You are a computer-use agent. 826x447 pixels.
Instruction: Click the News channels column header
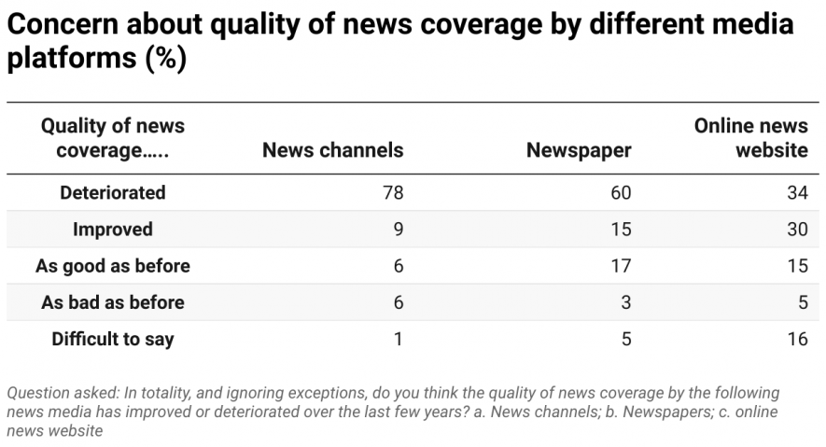point(332,150)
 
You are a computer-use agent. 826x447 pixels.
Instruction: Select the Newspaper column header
point(579,150)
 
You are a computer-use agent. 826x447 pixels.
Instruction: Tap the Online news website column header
point(750,138)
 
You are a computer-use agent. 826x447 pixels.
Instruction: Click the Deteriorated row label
point(112,193)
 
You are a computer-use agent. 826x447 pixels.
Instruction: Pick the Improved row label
point(112,230)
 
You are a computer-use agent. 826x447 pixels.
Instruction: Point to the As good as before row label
point(112,266)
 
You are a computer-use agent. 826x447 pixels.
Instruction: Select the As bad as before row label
point(112,302)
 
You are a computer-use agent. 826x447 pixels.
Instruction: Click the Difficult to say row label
point(112,339)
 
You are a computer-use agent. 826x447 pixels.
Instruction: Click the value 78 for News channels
point(392,193)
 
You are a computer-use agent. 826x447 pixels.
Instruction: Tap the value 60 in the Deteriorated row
point(620,193)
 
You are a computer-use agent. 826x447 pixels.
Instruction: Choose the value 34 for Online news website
point(796,193)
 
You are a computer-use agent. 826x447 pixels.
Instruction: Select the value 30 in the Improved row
point(796,230)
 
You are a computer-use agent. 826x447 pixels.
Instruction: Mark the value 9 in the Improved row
point(398,230)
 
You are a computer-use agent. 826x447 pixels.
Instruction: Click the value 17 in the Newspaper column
point(620,266)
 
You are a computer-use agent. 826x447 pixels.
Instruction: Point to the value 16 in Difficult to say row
point(796,339)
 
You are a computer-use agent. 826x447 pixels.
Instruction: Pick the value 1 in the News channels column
point(399,339)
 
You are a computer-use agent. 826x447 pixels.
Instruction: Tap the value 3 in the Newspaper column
point(625,302)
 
